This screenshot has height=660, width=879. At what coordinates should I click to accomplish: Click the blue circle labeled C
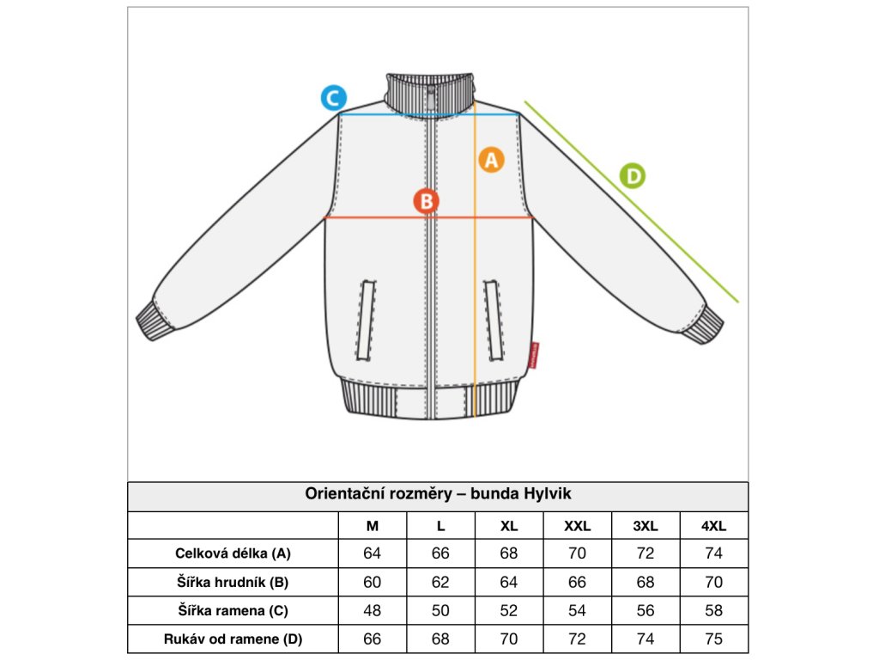333,98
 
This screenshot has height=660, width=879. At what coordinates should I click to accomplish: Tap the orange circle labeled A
491,160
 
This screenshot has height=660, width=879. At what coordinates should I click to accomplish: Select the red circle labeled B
426,201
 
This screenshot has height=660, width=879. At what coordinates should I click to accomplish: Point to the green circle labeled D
633,176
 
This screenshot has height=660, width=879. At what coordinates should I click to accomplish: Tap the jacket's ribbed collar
430,91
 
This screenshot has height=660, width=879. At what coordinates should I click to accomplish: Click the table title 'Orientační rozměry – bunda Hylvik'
438,494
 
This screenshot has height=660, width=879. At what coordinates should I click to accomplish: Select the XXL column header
577,526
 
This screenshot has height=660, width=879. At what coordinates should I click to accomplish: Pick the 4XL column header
713,526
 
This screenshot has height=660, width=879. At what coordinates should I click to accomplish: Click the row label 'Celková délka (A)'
233,553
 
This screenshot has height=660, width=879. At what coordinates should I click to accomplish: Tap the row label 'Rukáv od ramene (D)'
233,639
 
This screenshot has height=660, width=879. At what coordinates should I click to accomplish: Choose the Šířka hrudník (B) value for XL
509,582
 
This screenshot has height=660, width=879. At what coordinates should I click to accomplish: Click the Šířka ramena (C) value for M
373,610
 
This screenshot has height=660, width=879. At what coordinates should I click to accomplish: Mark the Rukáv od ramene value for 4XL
713,639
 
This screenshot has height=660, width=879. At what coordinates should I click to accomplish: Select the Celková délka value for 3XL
646,553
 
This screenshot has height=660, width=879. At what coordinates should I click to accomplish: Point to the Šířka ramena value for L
440,610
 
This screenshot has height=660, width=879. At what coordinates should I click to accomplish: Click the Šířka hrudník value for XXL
577,582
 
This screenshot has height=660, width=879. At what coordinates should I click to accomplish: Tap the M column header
373,526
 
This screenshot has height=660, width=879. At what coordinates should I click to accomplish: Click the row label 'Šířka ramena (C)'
233,610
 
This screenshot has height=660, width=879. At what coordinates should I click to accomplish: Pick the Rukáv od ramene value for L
440,639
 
